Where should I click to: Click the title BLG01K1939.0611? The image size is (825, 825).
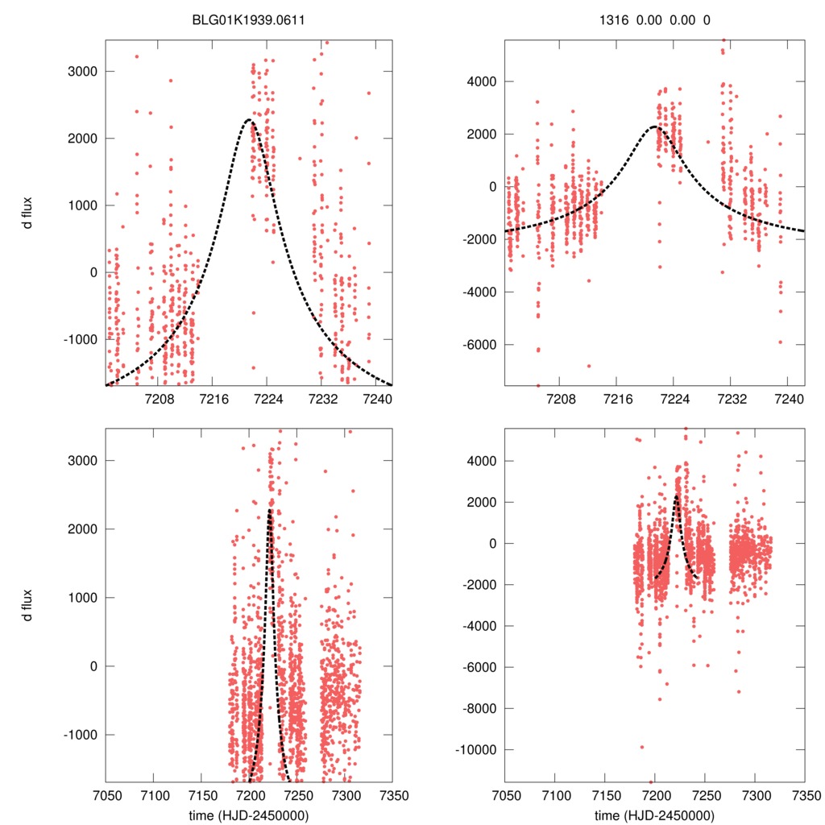pos(248,20)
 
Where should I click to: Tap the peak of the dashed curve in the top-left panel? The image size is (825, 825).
pos(249,120)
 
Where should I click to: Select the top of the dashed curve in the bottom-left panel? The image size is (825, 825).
pos(270,509)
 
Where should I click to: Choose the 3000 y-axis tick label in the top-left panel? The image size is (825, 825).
pos(82,71)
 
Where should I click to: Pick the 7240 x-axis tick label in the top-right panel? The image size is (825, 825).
pos(787,399)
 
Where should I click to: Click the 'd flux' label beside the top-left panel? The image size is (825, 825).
pos(28,213)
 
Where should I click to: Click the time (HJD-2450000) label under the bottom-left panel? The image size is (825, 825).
pos(248,815)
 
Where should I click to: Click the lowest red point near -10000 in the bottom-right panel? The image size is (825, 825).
pos(642,747)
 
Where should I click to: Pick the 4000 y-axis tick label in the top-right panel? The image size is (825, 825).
pos(481,81)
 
